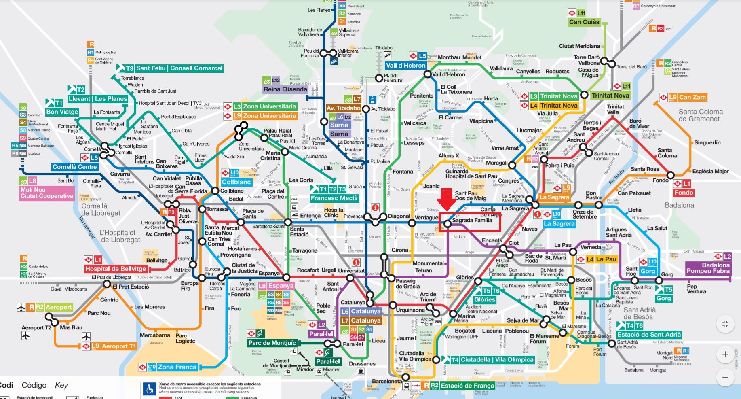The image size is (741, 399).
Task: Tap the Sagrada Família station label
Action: point(472,221)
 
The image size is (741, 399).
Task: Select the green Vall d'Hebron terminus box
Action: point(405,66)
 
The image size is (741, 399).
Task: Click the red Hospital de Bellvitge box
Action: point(116,269)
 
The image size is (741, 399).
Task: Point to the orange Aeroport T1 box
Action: point(118,346)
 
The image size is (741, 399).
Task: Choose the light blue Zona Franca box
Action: point(177,367)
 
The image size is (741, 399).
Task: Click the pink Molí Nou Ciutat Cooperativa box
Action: point(46,193)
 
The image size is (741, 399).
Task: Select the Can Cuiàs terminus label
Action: point(584,22)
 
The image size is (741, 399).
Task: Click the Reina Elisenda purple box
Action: point(285,89)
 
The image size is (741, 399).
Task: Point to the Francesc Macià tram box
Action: point(334,198)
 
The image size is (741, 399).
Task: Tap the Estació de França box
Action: point(467,386)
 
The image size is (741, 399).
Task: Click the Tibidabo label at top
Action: point(384,48)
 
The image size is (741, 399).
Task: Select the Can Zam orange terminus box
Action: point(692,97)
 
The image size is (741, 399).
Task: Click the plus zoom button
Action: point(725,354)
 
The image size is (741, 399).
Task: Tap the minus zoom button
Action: point(725,377)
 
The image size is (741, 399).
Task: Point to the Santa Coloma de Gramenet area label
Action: point(701,115)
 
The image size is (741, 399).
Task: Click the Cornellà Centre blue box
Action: point(75,167)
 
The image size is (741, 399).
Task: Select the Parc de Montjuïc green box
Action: point(272,343)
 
